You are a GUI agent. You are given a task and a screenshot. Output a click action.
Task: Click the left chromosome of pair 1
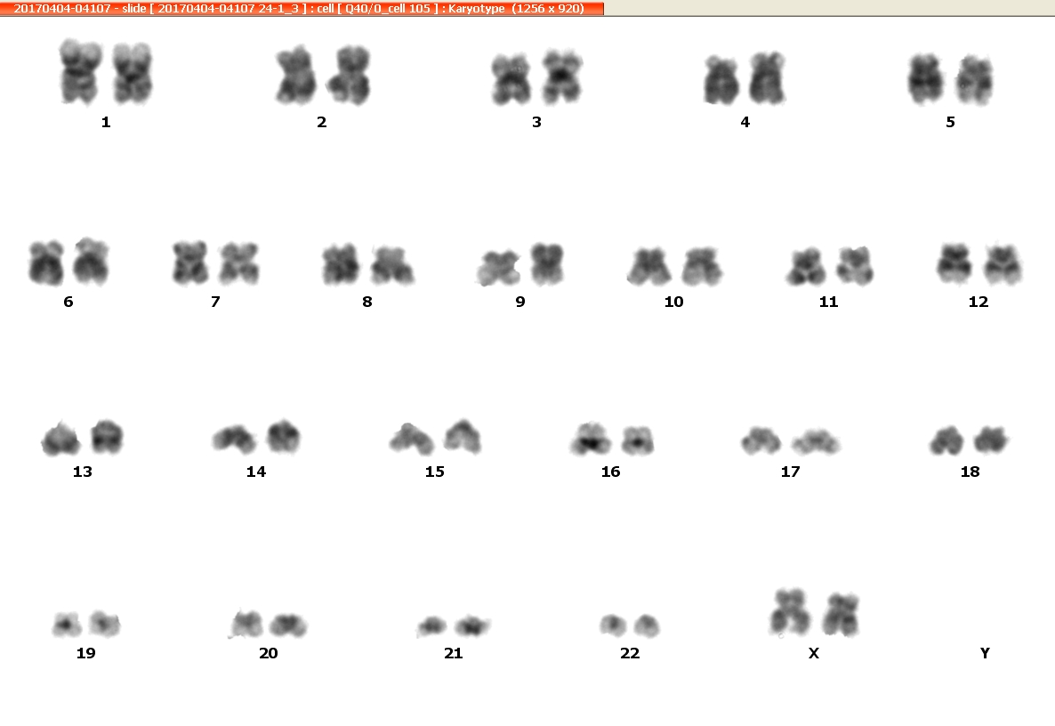pos(81,72)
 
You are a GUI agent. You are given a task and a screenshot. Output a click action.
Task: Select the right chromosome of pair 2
pos(349,76)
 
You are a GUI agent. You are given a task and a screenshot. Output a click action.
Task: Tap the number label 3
pos(536,122)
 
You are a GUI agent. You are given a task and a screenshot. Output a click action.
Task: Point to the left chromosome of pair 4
pos(721,81)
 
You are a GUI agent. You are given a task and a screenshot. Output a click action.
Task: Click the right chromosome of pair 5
pos(974,81)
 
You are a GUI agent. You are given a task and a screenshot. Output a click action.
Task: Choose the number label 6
pos(68,302)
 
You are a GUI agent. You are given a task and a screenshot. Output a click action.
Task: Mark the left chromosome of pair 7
pos(189,263)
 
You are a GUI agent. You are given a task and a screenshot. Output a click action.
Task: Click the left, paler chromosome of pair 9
pos(498,269)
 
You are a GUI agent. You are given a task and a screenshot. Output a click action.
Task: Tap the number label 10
pos(673,302)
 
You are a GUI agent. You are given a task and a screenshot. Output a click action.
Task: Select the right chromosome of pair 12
pos(1003,263)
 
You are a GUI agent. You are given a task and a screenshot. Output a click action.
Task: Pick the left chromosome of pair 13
pos(61,439)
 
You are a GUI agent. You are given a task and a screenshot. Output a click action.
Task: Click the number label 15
pos(435,472)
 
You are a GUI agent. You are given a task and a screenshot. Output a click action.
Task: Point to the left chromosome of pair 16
pos(591,439)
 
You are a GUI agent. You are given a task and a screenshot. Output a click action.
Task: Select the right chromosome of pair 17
pos(816,442)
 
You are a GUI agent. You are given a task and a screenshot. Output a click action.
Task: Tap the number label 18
pos(970,472)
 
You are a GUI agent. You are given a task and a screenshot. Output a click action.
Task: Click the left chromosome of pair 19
pos(67,625)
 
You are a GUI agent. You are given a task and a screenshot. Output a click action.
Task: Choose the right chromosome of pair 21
pos(472,626)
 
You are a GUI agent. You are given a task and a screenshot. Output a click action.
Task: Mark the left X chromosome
pos(789,612)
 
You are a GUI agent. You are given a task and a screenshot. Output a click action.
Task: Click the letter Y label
pos(985,653)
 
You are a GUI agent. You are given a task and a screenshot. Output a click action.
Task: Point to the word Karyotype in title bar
pos(477,8)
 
